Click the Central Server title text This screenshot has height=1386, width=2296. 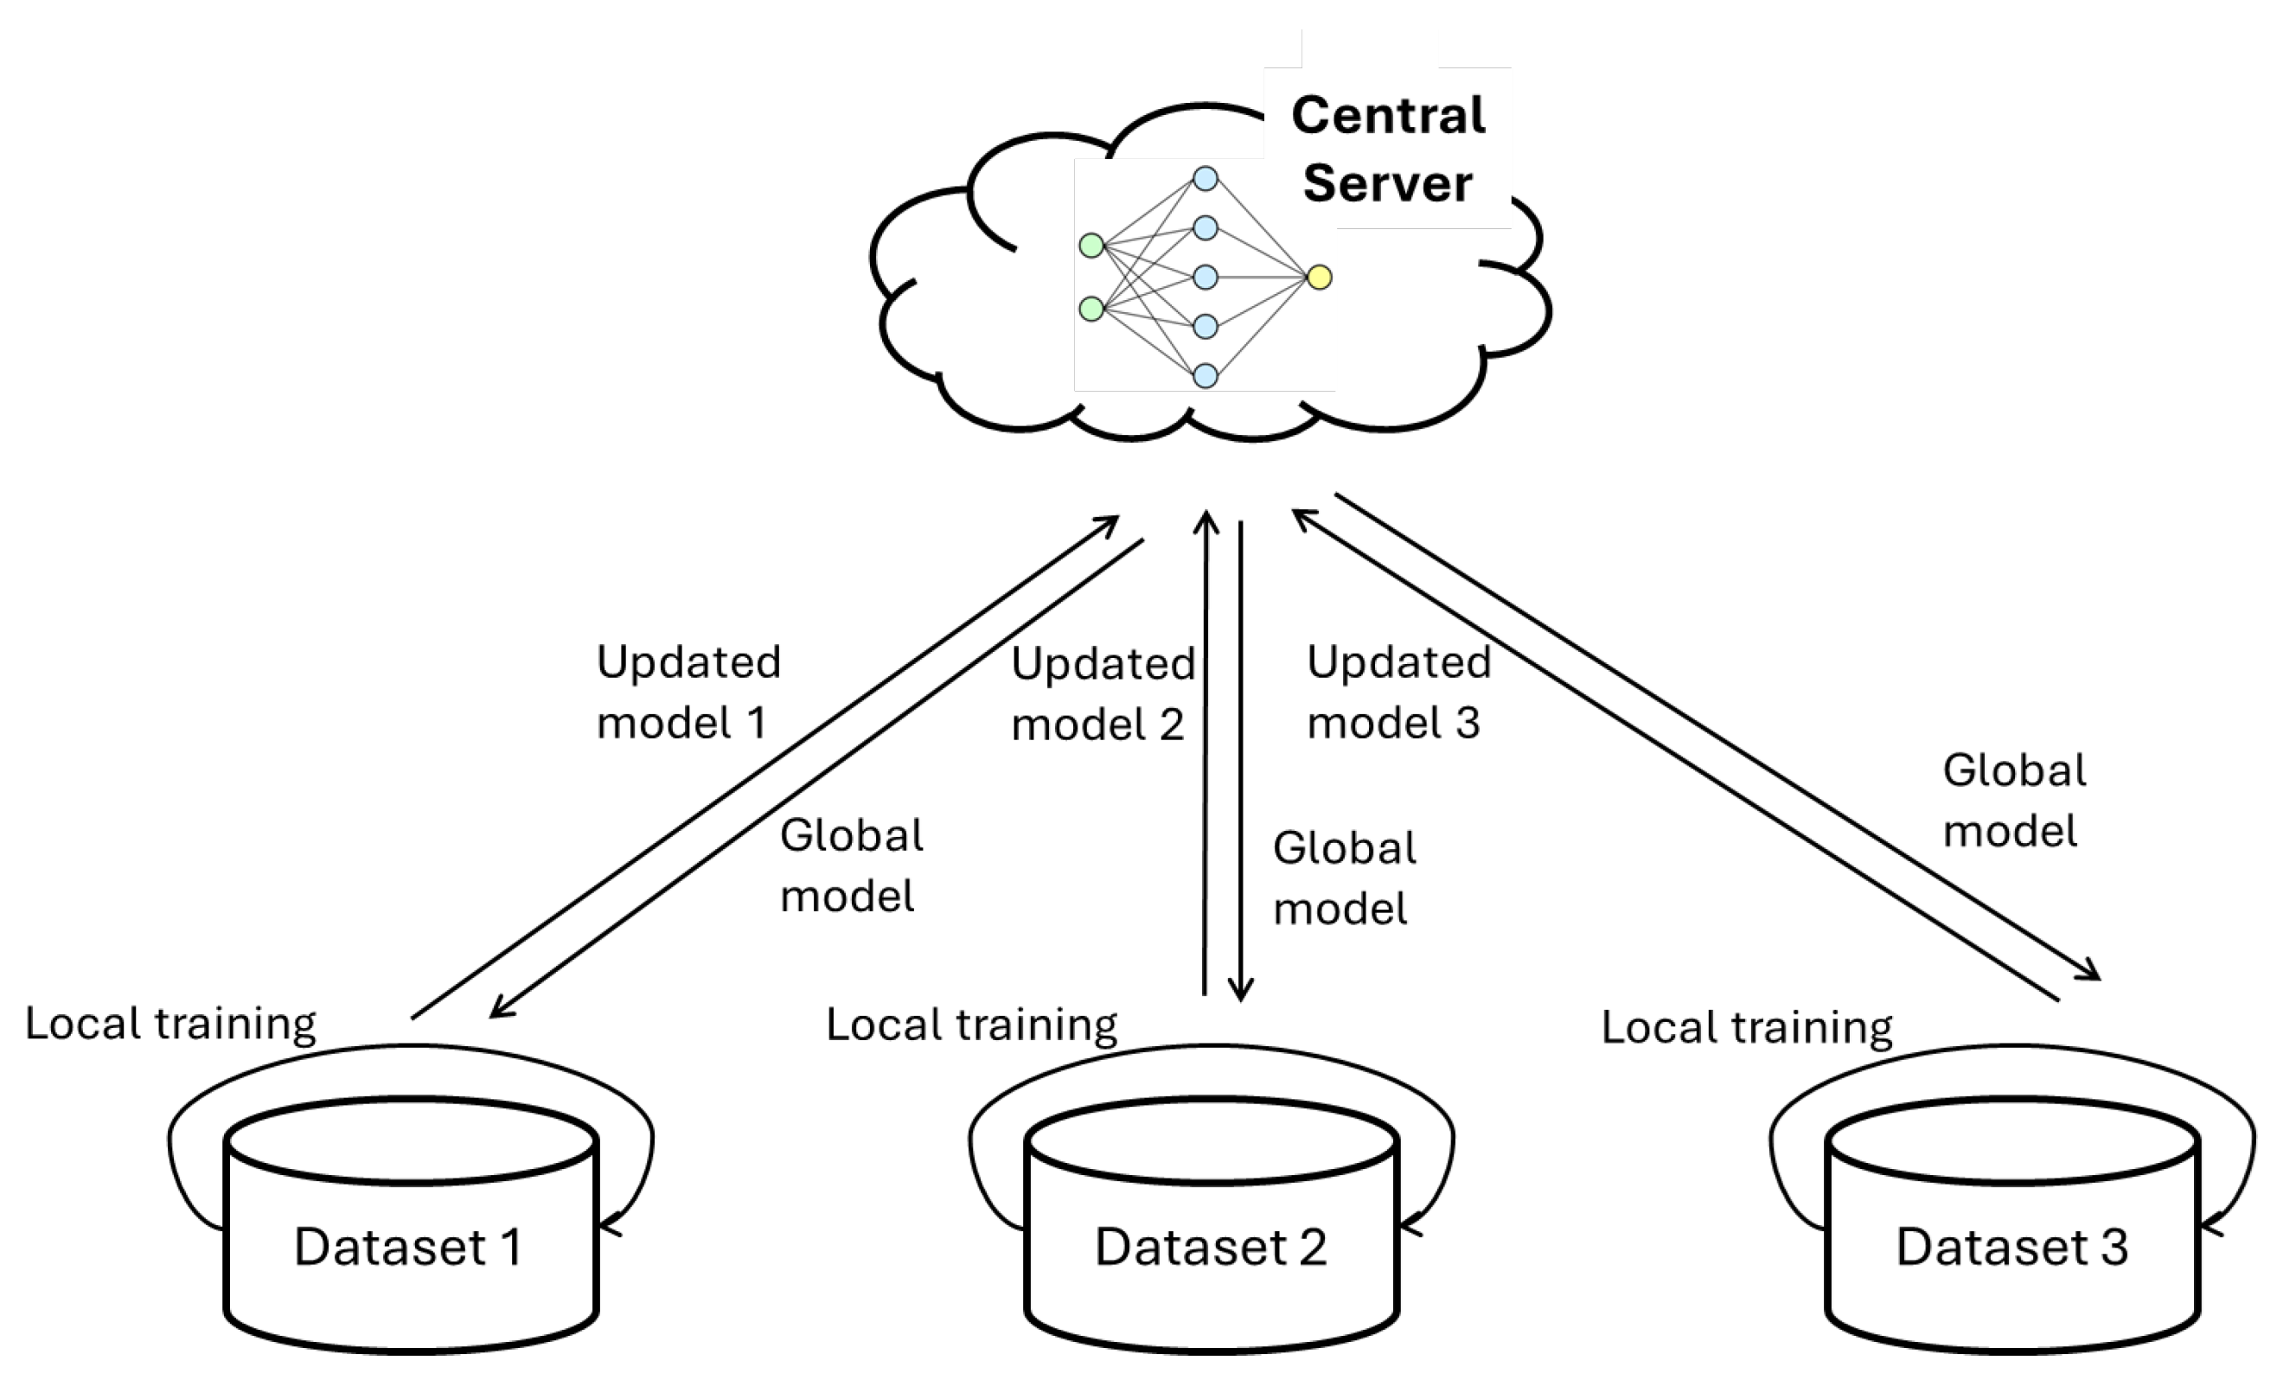1387,149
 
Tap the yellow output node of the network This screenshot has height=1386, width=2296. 1320,277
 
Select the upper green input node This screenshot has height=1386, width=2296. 1091,245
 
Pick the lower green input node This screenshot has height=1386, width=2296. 1091,309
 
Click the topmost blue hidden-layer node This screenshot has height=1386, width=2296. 1206,178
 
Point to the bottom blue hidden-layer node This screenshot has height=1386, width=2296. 1206,375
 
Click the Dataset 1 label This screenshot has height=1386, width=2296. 408,1246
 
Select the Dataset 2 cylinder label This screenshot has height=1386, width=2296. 1211,1246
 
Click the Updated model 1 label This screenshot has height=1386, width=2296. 688,692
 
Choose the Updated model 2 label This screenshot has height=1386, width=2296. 1102,694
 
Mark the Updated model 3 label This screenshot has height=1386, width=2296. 1397,692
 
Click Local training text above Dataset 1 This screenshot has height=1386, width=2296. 170,1024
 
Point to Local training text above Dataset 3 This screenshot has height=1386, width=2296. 1746,1027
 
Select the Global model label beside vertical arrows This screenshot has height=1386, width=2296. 1344,878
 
